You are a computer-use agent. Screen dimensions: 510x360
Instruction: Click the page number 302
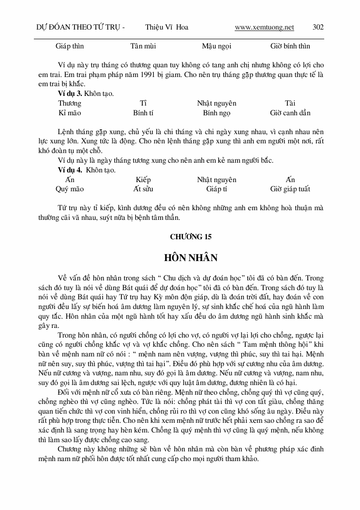pos(318,28)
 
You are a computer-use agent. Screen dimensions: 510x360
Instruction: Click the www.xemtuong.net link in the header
pos(264,28)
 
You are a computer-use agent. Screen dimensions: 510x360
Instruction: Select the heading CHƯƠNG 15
pos(191,237)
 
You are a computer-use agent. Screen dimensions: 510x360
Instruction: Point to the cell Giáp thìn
pos(70,46)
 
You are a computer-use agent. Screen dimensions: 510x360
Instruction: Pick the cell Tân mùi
pos(143,46)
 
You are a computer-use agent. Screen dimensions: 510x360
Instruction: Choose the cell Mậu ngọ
pos(216,46)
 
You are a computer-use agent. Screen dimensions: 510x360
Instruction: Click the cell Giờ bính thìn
pos(290,46)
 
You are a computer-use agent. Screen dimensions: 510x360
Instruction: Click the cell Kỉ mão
pos(70,113)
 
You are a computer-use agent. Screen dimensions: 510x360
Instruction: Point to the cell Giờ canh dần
pos(290,113)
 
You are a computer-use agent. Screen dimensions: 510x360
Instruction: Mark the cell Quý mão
pos(70,189)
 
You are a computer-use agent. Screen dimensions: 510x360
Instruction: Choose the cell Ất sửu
pos(143,189)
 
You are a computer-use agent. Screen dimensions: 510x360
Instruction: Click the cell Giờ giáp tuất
pos(290,189)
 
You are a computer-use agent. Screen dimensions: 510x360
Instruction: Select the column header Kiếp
pos(143,180)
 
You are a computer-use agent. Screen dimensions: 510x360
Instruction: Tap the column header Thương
pos(70,103)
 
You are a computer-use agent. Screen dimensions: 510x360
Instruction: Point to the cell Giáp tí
pos(216,189)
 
